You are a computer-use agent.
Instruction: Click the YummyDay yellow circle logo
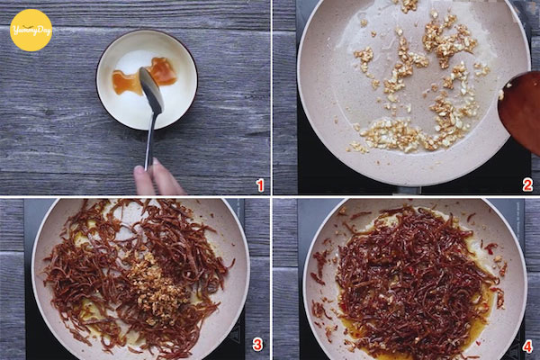(x=31, y=31)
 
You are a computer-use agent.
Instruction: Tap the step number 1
(x=260, y=185)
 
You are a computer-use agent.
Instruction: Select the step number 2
(x=527, y=185)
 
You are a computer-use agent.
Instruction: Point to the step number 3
(x=257, y=344)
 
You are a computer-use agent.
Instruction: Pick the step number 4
(x=527, y=346)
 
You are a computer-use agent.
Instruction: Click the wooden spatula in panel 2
(x=520, y=110)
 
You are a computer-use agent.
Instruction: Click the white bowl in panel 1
(x=147, y=80)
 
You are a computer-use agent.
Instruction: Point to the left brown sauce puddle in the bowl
(x=126, y=83)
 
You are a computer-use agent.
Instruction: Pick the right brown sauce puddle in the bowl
(x=164, y=71)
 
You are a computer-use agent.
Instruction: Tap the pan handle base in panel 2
(x=407, y=191)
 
